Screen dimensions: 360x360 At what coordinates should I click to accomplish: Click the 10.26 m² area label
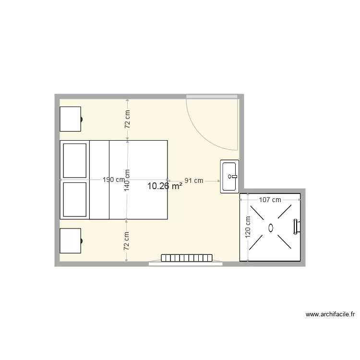[x=164, y=186]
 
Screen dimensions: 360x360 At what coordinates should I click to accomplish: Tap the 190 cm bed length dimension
[x=114, y=180]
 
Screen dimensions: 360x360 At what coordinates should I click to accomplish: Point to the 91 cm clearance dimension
[x=194, y=180]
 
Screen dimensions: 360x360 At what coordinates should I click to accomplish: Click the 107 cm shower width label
[x=270, y=200]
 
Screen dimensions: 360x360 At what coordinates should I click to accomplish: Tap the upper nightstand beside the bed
[x=70, y=119]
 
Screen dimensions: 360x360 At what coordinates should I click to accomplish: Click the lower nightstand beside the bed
[x=70, y=240]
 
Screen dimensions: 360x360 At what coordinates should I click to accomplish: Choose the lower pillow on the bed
[x=74, y=199]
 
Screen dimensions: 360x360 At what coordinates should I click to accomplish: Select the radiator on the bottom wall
[x=187, y=258]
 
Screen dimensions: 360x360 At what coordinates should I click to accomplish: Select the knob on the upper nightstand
[x=82, y=119]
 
